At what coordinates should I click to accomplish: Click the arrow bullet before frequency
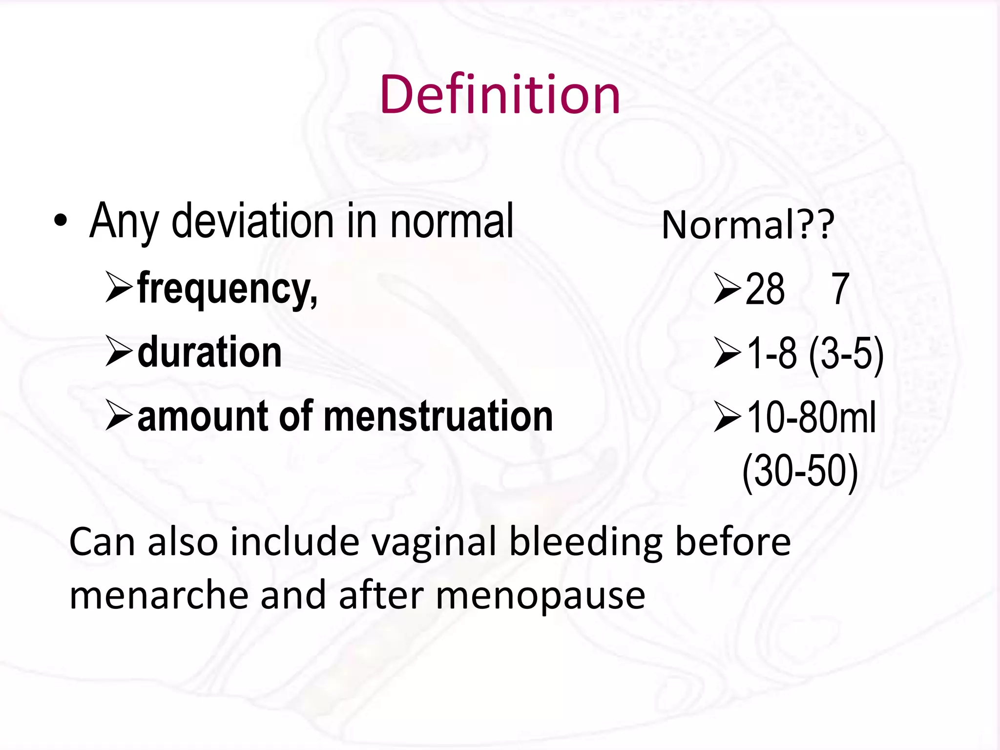(119, 288)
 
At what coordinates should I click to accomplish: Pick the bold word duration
(209, 352)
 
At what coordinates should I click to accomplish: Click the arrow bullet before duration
(119, 352)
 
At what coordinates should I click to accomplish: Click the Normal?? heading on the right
(748, 225)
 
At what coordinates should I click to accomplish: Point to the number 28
(765, 289)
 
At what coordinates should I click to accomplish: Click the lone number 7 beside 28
(840, 289)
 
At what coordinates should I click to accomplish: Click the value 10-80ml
(811, 417)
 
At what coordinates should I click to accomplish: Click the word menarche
(159, 596)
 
